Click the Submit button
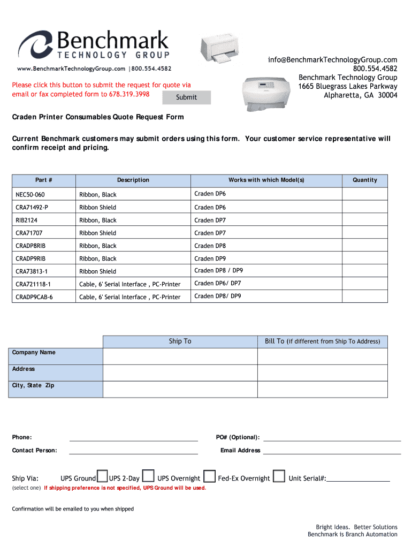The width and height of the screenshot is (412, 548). tap(186, 97)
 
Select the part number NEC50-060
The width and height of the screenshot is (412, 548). tap(30, 194)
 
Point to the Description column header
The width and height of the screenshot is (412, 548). tap(133, 180)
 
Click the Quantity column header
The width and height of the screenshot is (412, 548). tap(365, 180)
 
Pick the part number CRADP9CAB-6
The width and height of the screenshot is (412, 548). tap(34, 297)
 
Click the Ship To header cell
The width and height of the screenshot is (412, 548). tap(180, 341)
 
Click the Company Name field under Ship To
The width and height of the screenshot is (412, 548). tap(180, 356)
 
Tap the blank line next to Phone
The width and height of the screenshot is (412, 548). tap(133, 439)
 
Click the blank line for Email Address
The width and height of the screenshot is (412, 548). tap(332, 452)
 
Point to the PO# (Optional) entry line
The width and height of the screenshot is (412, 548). tap(332, 439)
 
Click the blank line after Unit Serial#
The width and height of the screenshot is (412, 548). tap(358, 479)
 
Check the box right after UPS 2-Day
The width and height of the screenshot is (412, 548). tap(148, 476)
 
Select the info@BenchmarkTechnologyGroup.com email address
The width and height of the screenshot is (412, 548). tap(333, 60)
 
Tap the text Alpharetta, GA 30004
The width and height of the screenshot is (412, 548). tap(361, 95)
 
